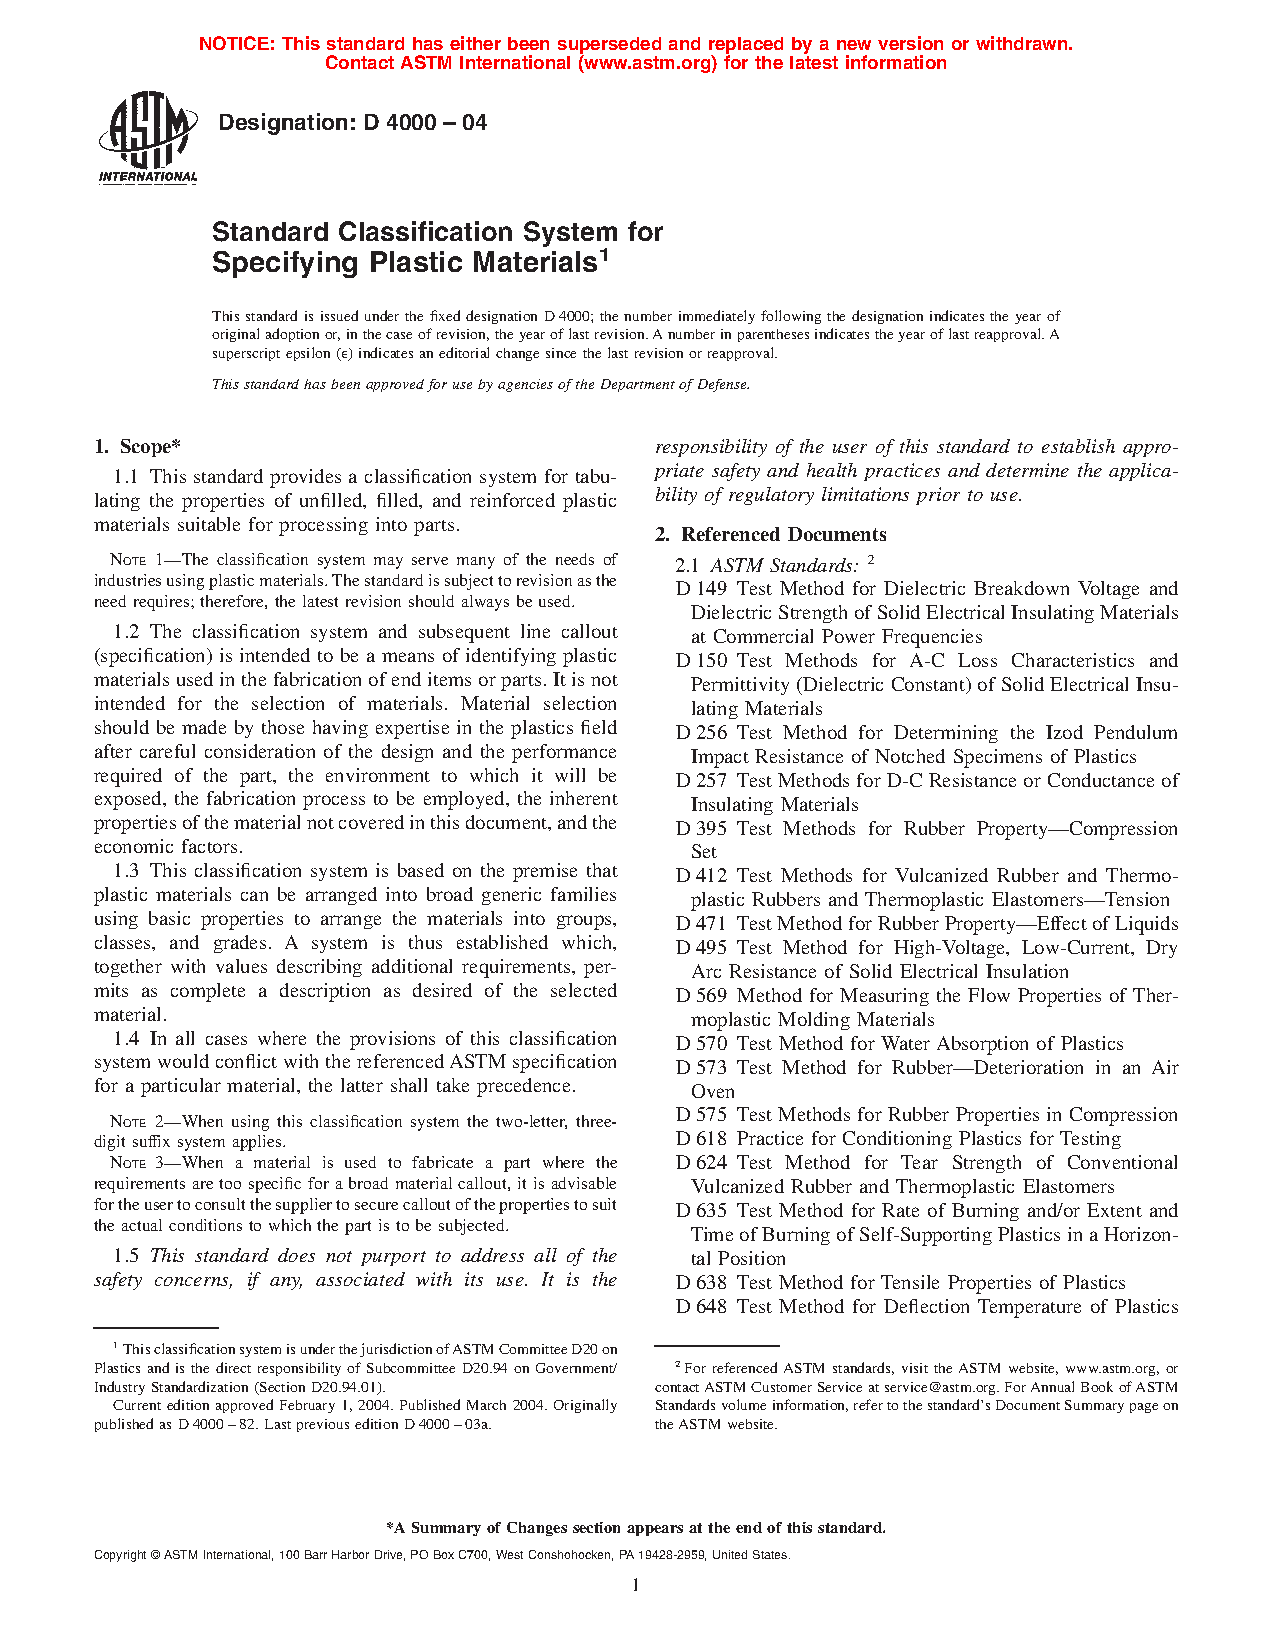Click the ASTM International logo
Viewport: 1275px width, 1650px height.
point(147,138)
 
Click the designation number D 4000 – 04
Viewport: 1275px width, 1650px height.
point(424,123)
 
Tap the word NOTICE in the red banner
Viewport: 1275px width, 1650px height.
point(235,44)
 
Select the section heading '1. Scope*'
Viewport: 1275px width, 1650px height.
point(137,447)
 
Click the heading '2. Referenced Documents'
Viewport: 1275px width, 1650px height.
point(771,534)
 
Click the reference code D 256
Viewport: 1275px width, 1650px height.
point(701,733)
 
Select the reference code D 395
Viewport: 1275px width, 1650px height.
point(701,829)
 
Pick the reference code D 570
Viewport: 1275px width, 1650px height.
point(701,1044)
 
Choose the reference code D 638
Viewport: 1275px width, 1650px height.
point(701,1283)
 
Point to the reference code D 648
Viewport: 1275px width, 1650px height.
point(701,1307)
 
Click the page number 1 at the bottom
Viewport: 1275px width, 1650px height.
point(635,1584)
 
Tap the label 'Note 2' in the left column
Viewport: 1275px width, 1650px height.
point(141,1122)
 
